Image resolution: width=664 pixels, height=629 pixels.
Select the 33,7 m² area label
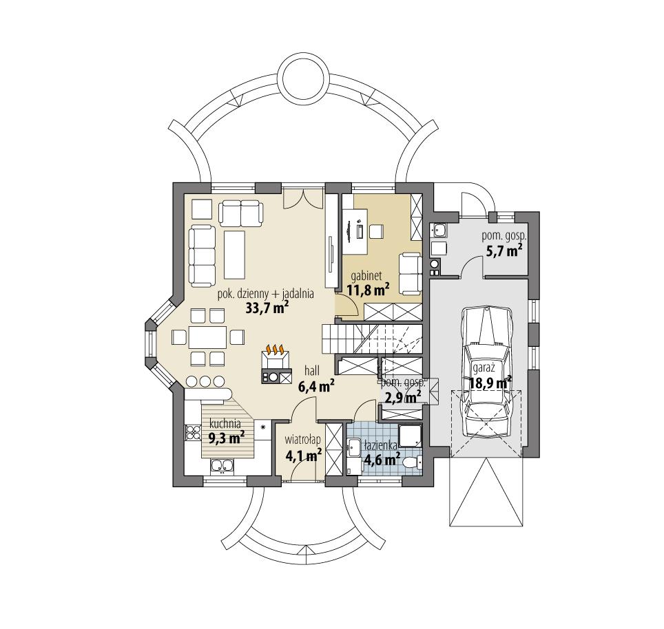pos(266,308)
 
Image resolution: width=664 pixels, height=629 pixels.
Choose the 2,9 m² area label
pos(403,396)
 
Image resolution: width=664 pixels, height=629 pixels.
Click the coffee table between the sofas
pos(234,251)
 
